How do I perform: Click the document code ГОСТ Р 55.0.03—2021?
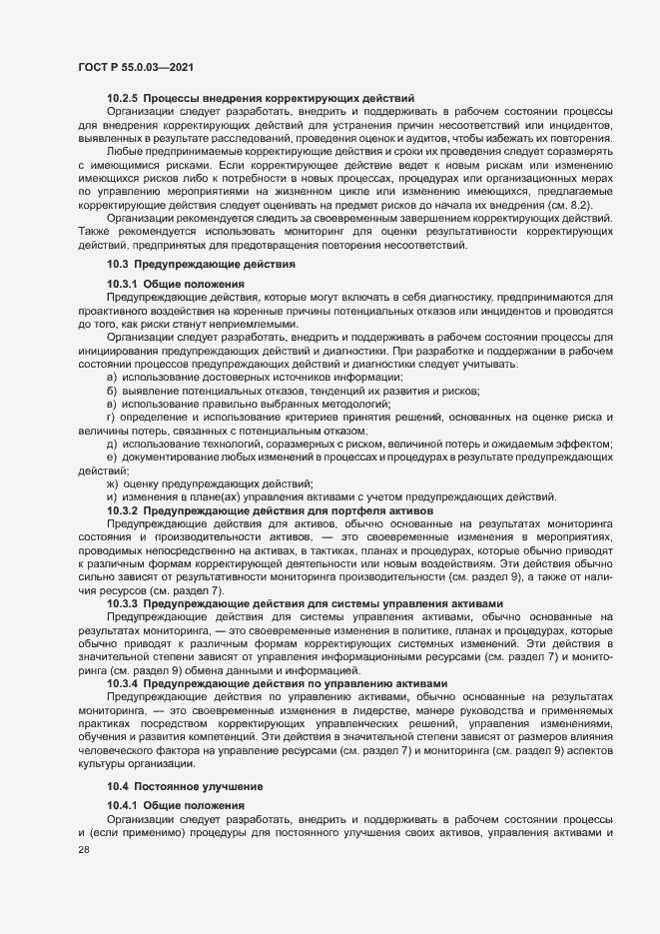pyautogui.click(x=135, y=67)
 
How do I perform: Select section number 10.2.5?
pyautogui.click(x=122, y=99)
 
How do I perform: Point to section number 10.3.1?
pyautogui.click(x=122, y=285)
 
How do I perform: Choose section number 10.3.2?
pyautogui.click(x=122, y=510)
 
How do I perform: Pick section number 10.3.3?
pyautogui.click(x=122, y=604)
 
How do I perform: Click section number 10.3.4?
pyautogui.click(x=122, y=683)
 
